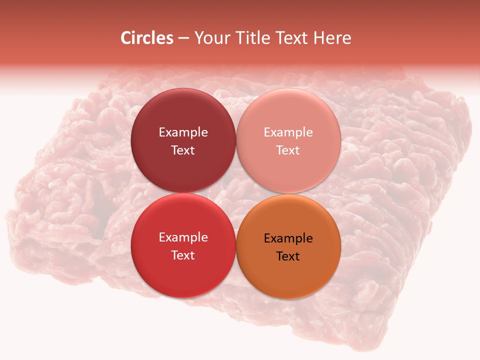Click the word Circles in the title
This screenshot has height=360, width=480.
click(147, 38)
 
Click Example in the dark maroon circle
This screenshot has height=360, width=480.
click(183, 132)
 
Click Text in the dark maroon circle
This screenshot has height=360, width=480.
click(183, 150)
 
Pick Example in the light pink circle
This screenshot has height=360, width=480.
click(288, 132)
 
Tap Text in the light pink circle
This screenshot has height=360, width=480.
click(288, 150)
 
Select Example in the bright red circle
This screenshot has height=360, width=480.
click(183, 237)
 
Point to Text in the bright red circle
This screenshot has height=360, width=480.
click(183, 255)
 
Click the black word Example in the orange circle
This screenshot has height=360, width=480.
click(288, 238)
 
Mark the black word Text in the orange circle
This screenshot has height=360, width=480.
click(288, 256)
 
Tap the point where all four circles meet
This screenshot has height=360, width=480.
click(236, 193)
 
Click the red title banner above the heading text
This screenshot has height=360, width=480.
click(240, 12)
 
